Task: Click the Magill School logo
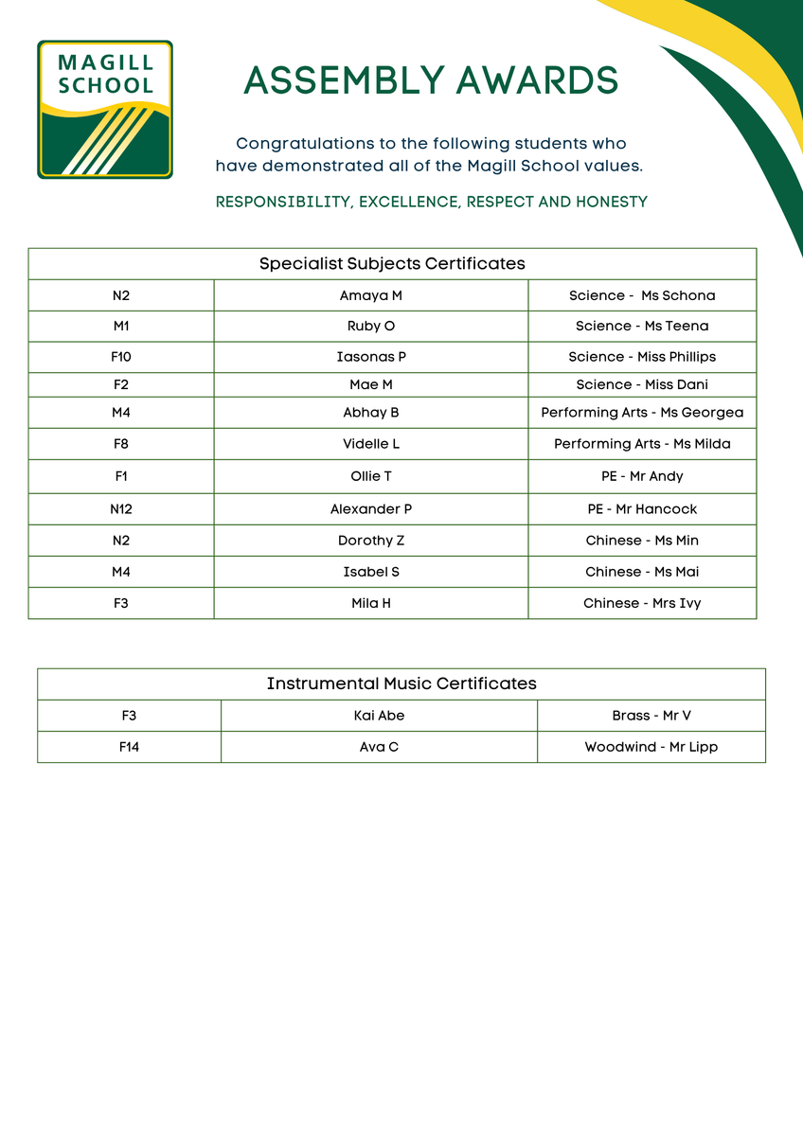click(x=104, y=109)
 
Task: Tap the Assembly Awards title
click(x=431, y=80)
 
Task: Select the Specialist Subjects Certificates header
click(x=392, y=263)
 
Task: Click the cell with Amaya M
click(x=371, y=295)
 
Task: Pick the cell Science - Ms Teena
click(x=642, y=326)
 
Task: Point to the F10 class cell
click(x=120, y=357)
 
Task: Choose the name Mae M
click(x=371, y=384)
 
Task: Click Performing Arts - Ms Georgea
click(x=642, y=413)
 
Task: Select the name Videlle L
click(x=371, y=444)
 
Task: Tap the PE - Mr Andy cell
click(x=642, y=476)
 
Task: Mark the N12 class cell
click(x=120, y=509)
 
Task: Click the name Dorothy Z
click(x=371, y=541)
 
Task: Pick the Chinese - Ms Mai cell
click(x=642, y=572)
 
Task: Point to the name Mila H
click(x=371, y=603)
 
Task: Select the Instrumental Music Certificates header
click(x=401, y=683)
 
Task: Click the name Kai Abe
click(x=379, y=716)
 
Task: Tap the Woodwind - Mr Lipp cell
click(x=651, y=747)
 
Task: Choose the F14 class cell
click(x=129, y=747)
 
